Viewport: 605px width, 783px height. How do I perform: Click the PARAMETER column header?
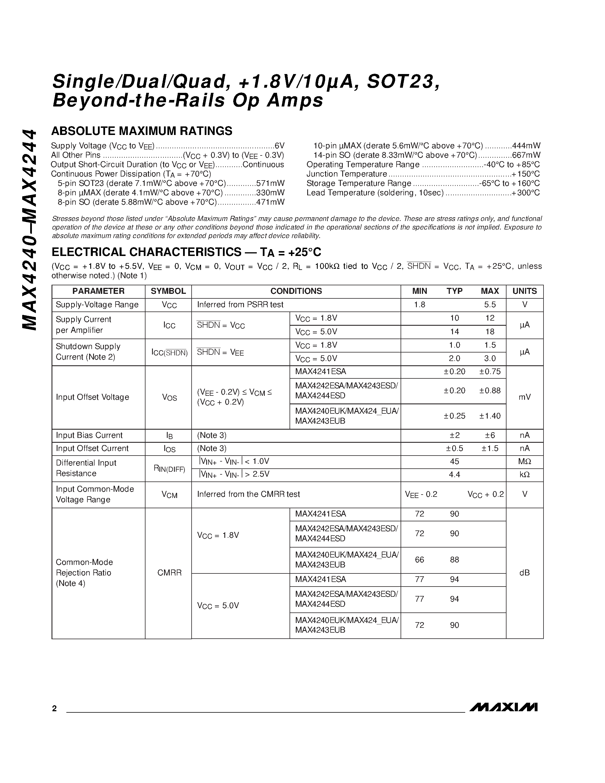(x=98, y=291)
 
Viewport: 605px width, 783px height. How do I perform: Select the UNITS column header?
(x=524, y=291)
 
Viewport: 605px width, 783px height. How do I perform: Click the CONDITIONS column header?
(x=296, y=291)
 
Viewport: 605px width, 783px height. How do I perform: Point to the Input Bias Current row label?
(x=89, y=435)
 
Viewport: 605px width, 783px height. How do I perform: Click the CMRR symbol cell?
(x=169, y=573)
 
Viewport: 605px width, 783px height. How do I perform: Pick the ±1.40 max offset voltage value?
(x=490, y=416)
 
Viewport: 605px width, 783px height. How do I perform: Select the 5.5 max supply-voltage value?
(x=490, y=305)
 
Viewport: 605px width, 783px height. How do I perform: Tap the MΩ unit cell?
(x=524, y=462)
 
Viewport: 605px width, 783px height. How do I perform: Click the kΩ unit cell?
(x=524, y=475)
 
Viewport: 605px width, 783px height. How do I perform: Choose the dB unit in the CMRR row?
(x=524, y=573)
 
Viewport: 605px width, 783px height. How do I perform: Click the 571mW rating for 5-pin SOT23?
(x=270, y=183)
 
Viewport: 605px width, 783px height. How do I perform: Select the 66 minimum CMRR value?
(x=419, y=560)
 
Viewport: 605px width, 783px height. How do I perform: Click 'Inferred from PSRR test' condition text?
(x=240, y=305)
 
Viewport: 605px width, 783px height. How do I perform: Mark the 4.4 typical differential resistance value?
(x=454, y=475)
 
